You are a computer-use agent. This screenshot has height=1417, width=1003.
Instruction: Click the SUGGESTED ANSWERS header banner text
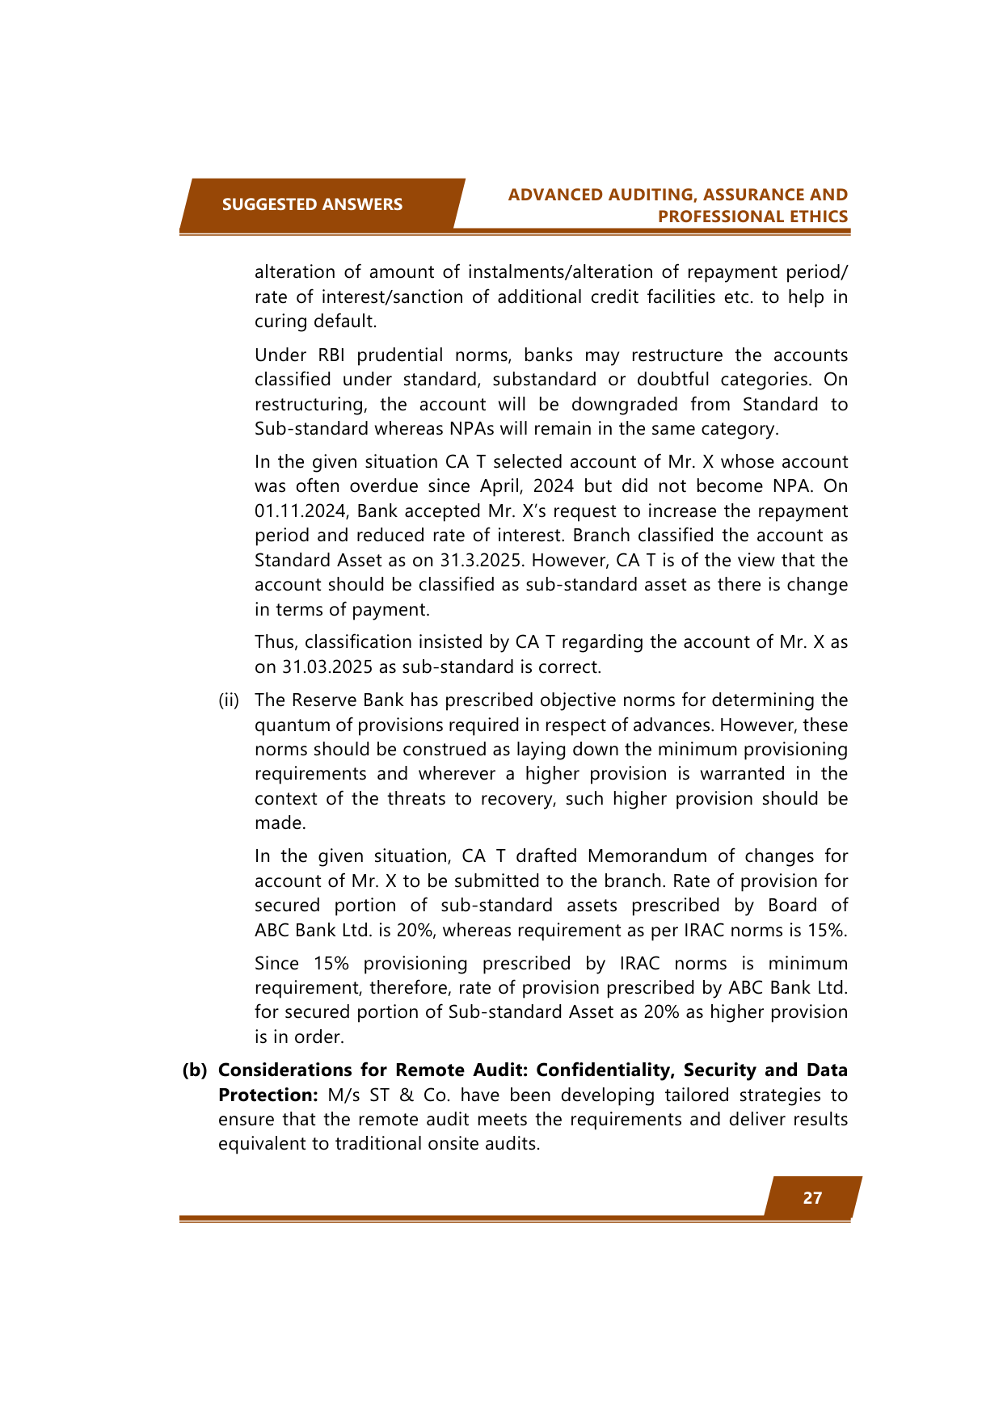click(312, 204)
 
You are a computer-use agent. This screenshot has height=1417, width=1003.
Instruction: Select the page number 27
click(812, 1198)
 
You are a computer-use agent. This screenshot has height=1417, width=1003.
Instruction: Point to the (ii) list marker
click(229, 700)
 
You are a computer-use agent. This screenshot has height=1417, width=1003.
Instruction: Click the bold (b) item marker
click(194, 1070)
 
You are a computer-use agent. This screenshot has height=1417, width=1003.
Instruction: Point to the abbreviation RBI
click(331, 355)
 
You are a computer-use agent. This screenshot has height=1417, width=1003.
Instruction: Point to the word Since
click(276, 964)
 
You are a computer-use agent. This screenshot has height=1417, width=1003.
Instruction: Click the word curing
click(280, 322)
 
